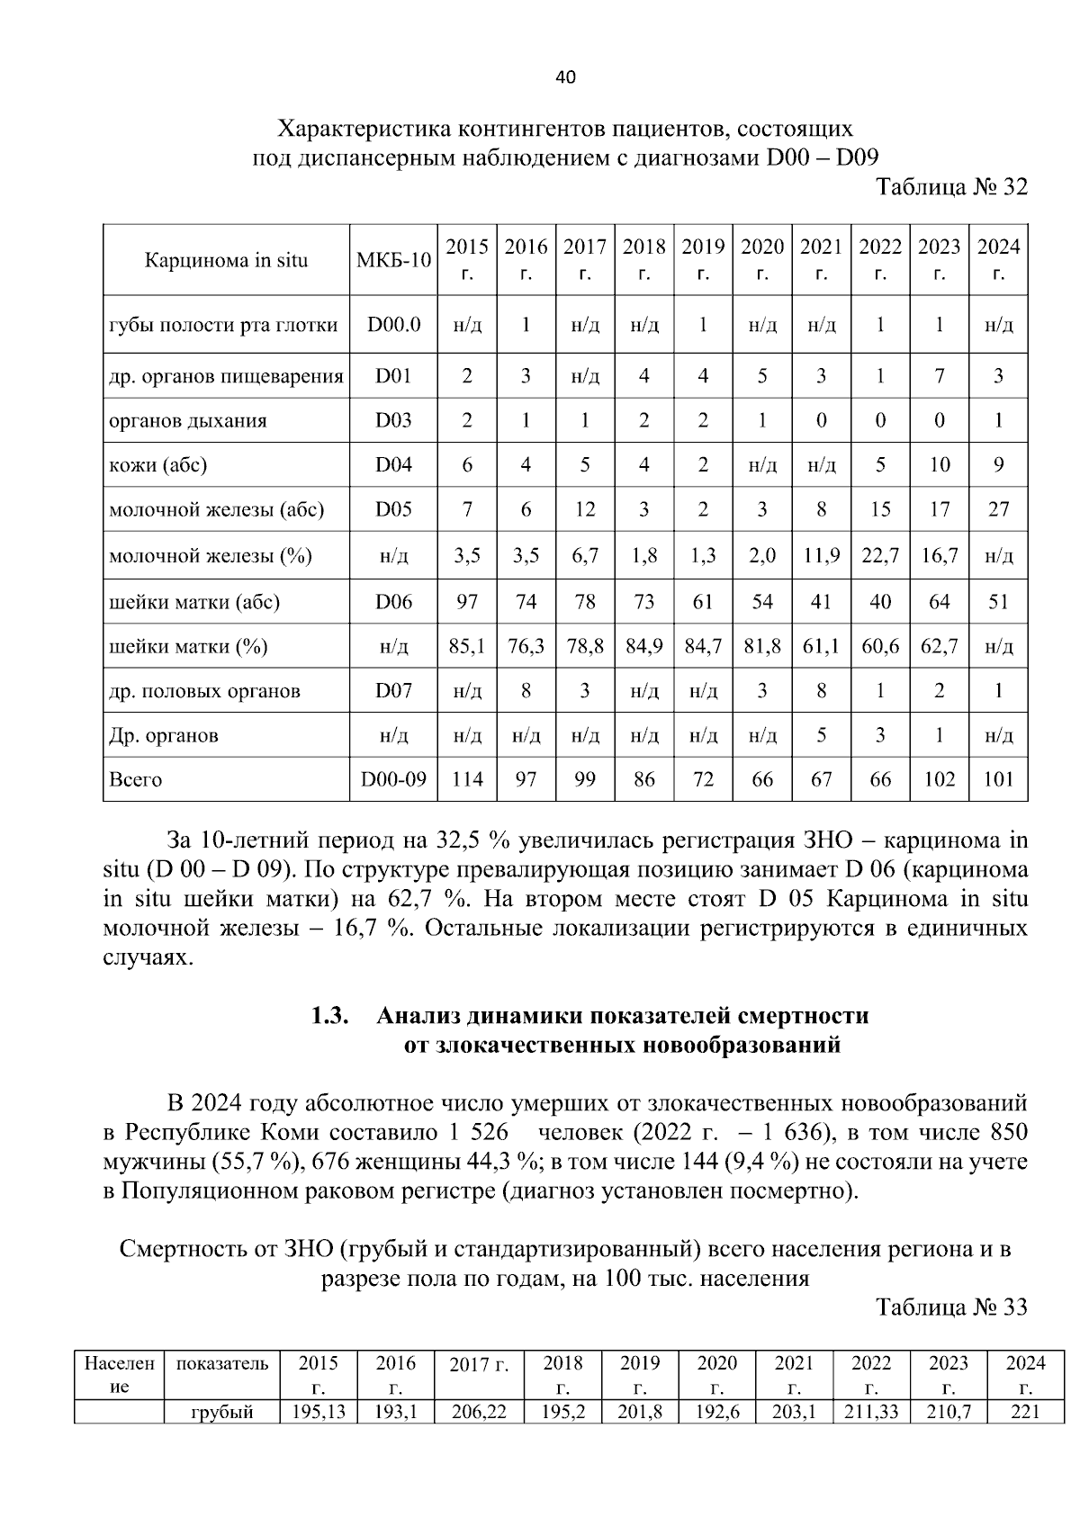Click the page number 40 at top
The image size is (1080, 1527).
[565, 77]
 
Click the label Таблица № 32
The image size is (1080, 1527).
[951, 187]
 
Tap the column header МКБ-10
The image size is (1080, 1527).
[393, 260]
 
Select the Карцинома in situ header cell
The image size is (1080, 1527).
[226, 260]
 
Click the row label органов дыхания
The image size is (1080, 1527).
[187, 421]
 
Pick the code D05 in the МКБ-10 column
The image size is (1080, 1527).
[393, 510]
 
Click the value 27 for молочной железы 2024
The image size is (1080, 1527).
[998, 510]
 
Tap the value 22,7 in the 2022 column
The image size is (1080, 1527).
[879, 556]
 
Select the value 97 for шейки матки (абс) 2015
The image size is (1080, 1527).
[466, 601]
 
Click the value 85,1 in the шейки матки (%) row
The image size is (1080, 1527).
[466, 646]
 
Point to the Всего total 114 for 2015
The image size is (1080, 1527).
[466, 779]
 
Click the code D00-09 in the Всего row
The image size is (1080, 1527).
[393, 779]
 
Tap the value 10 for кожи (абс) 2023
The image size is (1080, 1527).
[939, 465]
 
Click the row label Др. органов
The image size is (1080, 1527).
[163, 735]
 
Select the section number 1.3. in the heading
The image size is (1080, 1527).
[329, 1016]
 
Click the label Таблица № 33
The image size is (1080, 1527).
[951, 1307]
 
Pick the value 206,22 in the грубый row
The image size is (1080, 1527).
[479, 1412]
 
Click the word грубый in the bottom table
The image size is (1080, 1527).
[221, 1412]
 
